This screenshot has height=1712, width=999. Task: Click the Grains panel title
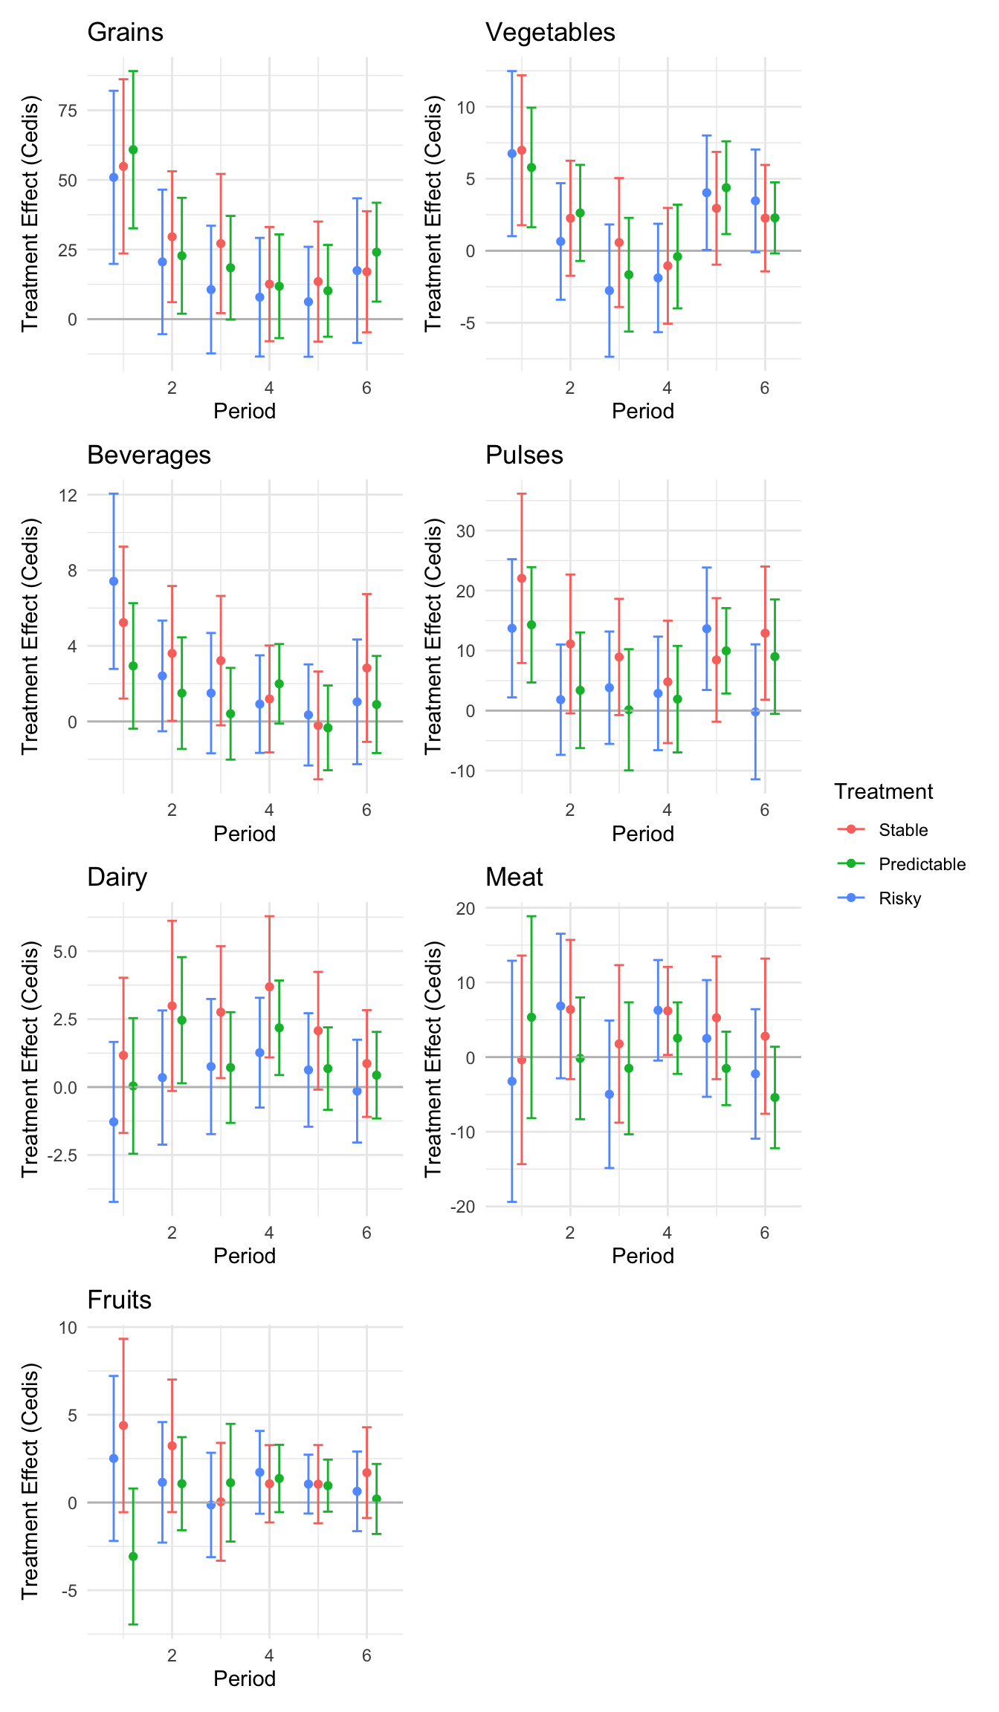tap(125, 33)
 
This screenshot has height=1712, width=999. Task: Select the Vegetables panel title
tap(550, 33)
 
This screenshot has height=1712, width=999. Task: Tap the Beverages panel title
tap(149, 455)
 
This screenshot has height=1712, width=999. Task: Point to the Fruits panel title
tap(119, 1300)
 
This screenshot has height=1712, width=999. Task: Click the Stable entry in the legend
tap(902, 830)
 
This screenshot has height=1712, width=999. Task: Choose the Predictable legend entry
tap(922, 864)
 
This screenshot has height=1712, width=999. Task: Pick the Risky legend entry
tap(899, 898)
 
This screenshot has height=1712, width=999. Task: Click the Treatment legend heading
tap(883, 792)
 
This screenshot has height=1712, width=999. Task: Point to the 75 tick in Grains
tap(68, 111)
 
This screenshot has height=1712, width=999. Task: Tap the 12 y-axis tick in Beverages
tap(68, 496)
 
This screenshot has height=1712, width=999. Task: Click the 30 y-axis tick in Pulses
tap(466, 531)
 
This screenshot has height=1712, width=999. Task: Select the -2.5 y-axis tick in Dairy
tap(62, 1155)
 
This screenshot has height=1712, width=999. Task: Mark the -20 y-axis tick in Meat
tap(462, 1207)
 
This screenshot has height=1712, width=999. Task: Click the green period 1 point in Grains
tap(133, 150)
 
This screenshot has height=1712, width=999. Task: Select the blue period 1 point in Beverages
tap(114, 581)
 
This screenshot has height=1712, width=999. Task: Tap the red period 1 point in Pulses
tap(522, 578)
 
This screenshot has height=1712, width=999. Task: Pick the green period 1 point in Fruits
tap(133, 1556)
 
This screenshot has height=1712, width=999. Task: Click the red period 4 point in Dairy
tap(269, 987)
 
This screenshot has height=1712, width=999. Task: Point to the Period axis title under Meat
tap(642, 1257)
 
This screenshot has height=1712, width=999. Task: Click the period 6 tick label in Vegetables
tap(764, 388)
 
